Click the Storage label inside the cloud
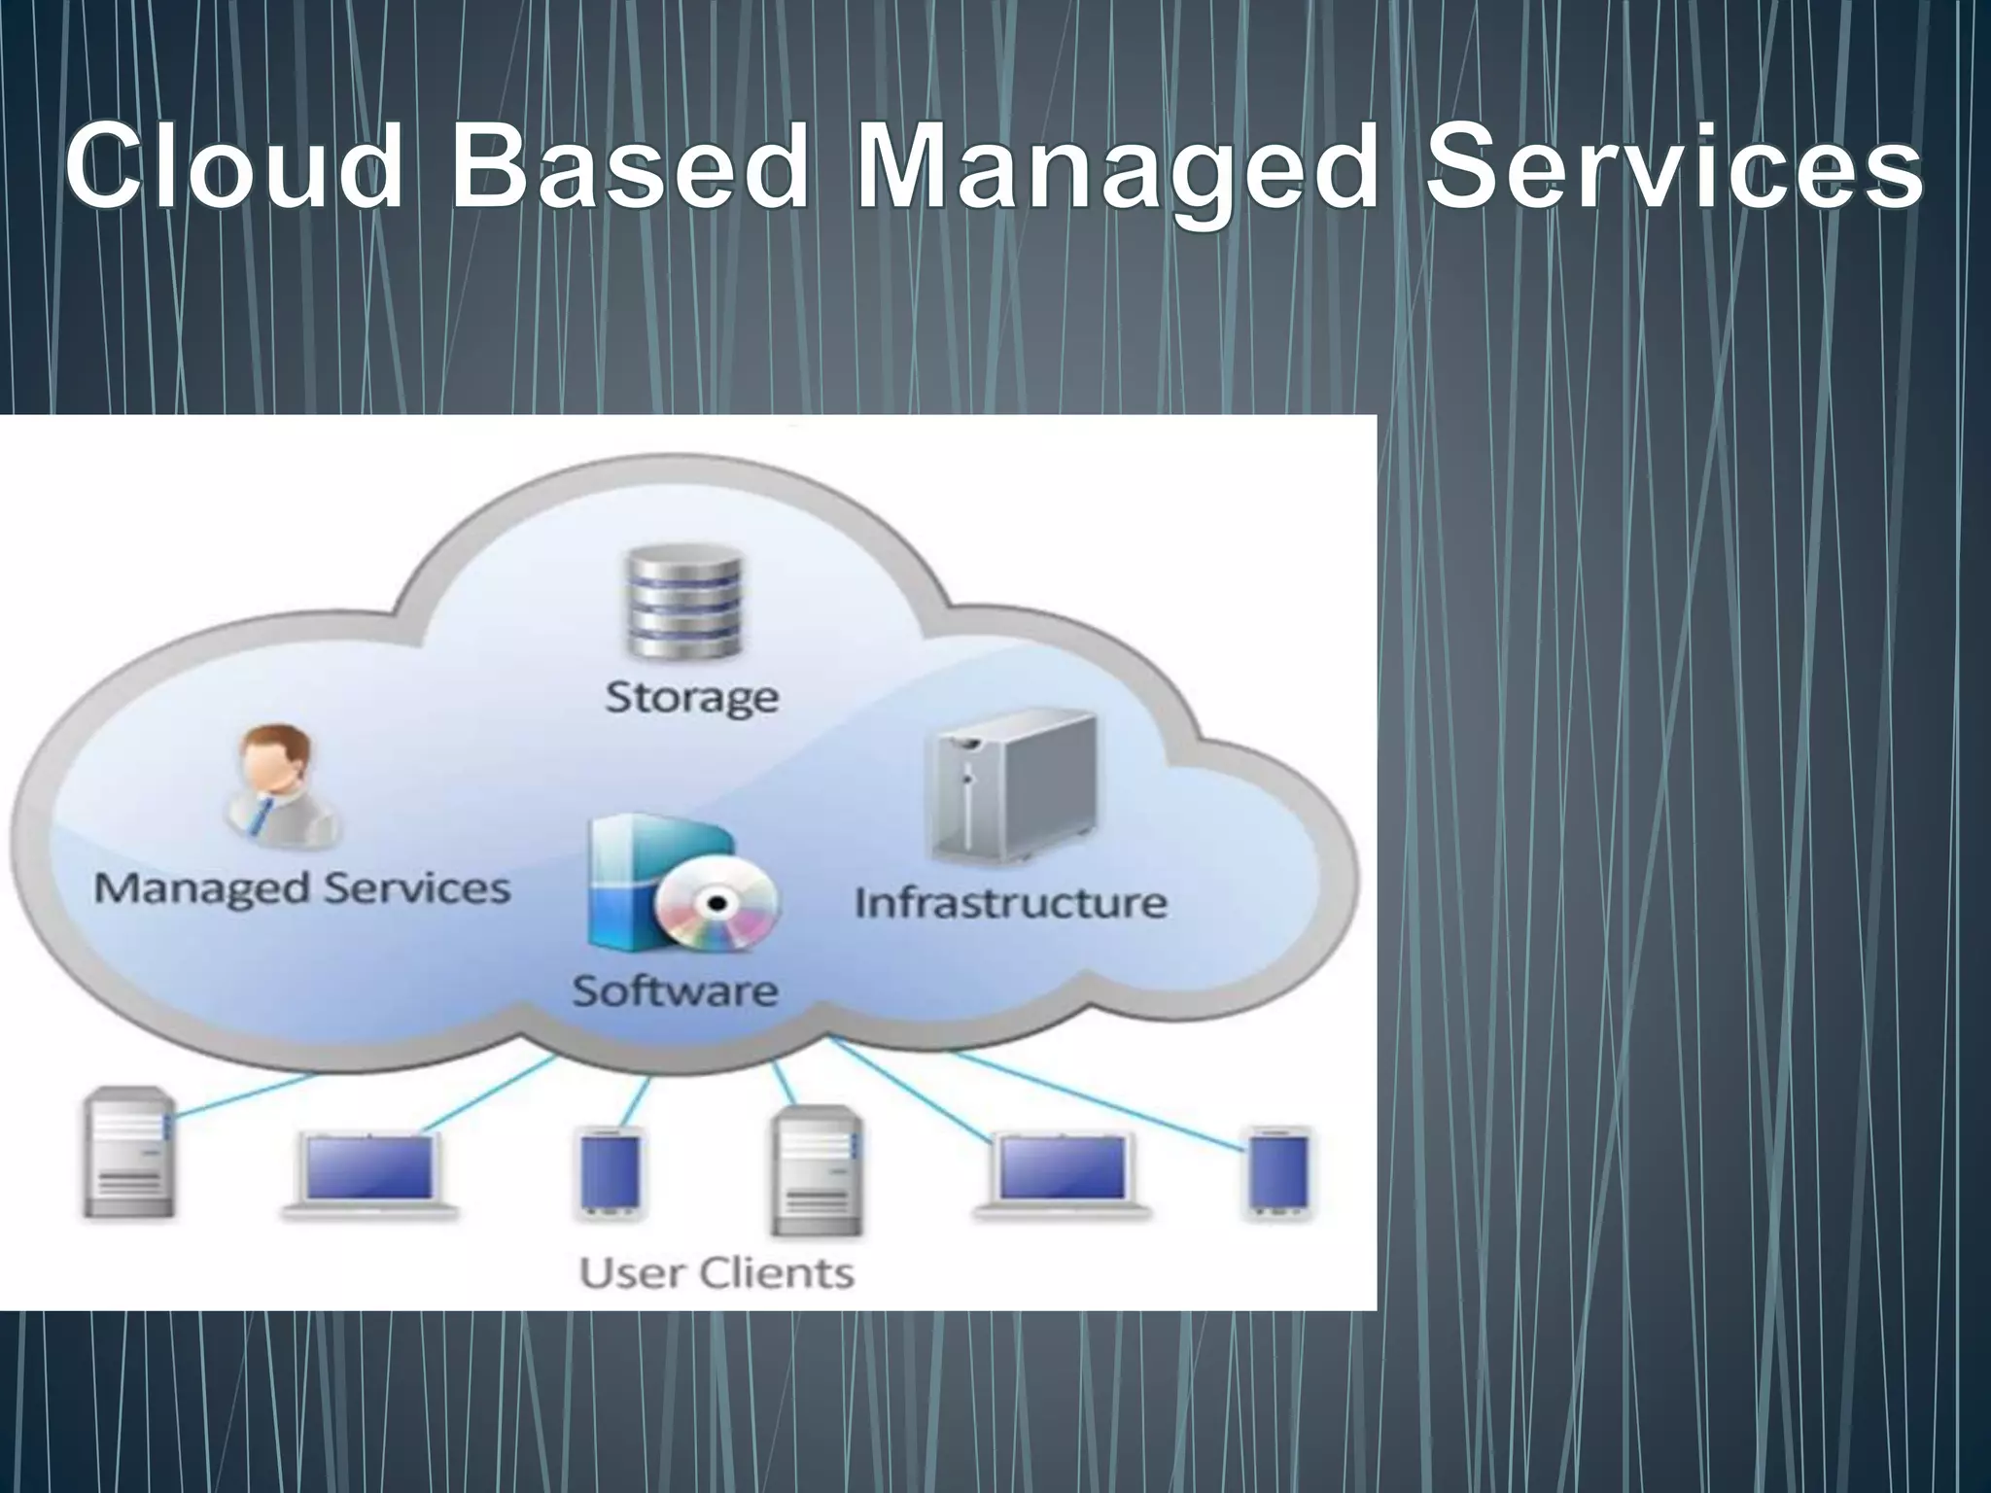(x=691, y=698)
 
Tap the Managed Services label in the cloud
(x=301, y=888)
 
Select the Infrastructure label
(x=1010, y=903)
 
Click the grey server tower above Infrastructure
(x=1012, y=788)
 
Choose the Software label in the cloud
(x=675, y=990)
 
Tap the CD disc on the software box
(x=717, y=904)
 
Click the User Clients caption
(x=716, y=1271)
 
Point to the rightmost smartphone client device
(x=1279, y=1170)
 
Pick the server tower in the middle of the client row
(x=817, y=1171)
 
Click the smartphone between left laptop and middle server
(x=611, y=1171)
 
